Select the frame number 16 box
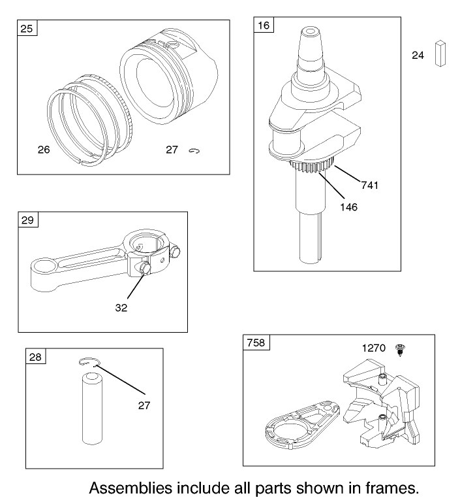pos(264,26)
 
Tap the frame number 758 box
pos(255,343)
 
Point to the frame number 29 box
pos(29,220)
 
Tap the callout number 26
pos(43,150)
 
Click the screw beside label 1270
pos(399,351)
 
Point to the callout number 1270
pos(375,348)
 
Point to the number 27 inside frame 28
pos(144,405)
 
